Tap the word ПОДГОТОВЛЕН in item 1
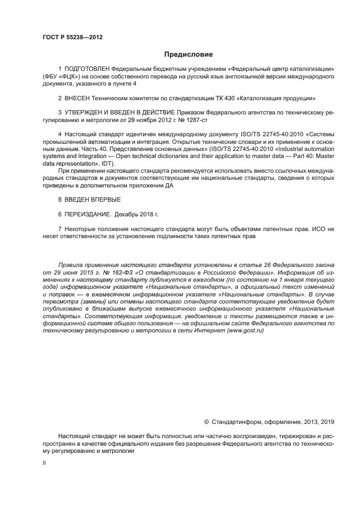coord(87,69)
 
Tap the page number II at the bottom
coord(44,462)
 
